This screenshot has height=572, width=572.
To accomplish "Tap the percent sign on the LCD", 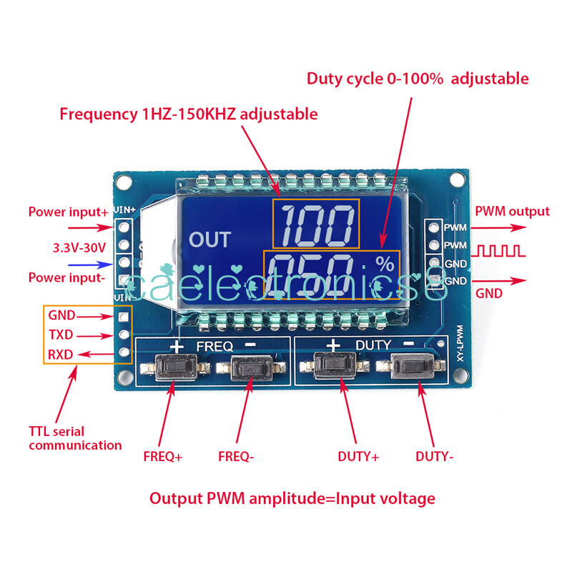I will [x=385, y=264].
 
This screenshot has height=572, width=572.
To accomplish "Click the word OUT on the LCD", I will [x=209, y=239].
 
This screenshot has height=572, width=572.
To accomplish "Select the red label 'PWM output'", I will [x=513, y=211].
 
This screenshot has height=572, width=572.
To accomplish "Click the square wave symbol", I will [x=502, y=251].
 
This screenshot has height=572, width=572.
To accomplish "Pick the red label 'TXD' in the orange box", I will [x=61, y=334].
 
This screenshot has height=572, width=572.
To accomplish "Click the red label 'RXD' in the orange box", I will [x=61, y=353].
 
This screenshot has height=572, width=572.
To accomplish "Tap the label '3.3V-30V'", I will [x=79, y=247].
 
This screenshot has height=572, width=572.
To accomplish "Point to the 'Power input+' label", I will [x=69, y=212].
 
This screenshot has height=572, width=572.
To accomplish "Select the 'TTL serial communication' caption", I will [x=75, y=438].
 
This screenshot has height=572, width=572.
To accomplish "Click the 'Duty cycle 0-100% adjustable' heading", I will [x=418, y=79].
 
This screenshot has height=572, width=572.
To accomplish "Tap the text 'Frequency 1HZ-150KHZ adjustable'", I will [x=189, y=114].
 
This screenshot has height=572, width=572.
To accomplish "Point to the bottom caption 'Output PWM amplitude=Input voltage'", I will [x=292, y=498].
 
